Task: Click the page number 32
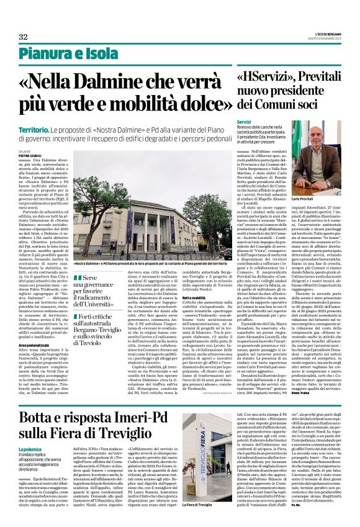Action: click(24, 36)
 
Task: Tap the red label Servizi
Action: click(243, 122)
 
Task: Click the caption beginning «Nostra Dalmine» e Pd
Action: click(143, 263)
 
